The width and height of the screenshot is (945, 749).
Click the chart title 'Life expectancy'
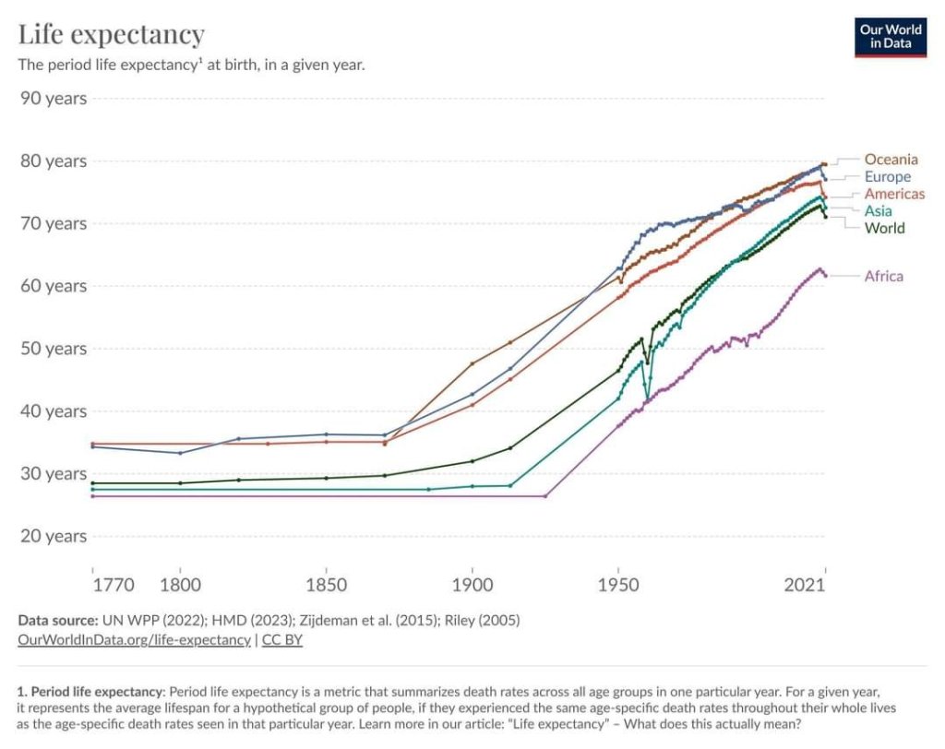(112, 35)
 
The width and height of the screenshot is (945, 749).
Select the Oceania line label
(891, 160)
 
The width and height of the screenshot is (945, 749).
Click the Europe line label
(887, 176)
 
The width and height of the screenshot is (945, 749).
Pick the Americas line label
(893, 194)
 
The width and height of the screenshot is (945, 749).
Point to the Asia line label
(878, 211)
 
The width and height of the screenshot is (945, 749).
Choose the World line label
(884, 228)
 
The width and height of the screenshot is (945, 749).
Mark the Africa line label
(883, 276)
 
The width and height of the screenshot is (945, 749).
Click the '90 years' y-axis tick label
(53, 98)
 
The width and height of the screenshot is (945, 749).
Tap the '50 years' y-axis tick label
(53, 349)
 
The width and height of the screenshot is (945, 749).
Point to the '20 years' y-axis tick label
(53, 536)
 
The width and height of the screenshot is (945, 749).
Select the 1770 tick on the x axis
(114, 586)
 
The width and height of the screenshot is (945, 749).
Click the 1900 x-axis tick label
(472, 586)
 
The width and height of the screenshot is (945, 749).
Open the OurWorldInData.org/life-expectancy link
(134, 640)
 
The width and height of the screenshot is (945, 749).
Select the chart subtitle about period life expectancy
(192, 65)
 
